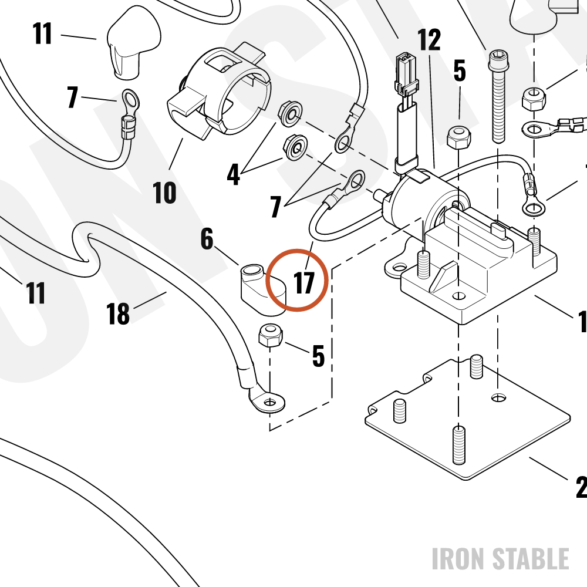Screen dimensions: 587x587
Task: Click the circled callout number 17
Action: (x=304, y=283)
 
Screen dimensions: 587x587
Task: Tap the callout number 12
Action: (x=429, y=40)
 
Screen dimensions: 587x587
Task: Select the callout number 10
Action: (x=164, y=193)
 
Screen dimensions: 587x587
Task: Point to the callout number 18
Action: (x=118, y=313)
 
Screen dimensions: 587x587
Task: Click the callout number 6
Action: (x=207, y=238)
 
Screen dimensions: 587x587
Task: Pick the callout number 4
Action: (x=233, y=174)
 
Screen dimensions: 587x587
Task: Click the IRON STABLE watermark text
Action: (x=501, y=559)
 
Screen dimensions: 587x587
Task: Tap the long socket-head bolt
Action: (x=498, y=97)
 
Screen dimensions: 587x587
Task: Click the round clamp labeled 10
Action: (x=219, y=92)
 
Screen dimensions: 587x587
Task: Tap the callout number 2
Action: (x=581, y=487)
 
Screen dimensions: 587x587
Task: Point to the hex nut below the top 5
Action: (x=458, y=138)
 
